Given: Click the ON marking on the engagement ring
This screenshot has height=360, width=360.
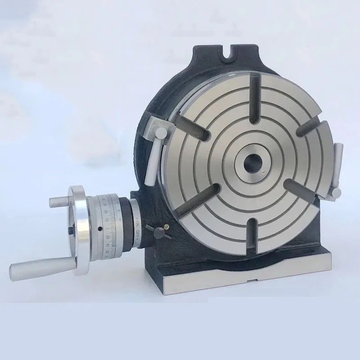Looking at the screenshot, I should (137, 222).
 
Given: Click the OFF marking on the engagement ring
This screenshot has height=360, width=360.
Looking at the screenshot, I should (137, 234).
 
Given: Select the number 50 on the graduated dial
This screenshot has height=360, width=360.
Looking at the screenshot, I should (108, 237).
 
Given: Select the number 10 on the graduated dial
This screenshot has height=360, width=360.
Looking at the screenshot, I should (107, 220).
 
